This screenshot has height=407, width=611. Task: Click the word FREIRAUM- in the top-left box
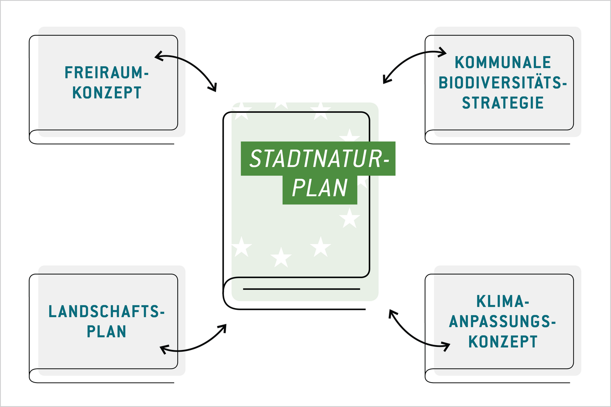106,72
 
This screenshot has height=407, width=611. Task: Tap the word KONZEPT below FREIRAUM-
106,93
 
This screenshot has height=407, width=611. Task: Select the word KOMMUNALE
503,62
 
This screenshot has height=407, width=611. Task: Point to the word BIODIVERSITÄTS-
503,82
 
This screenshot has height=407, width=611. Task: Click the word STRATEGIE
503,103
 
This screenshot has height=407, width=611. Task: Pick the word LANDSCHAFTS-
106,312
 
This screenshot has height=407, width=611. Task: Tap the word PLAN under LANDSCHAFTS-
106,332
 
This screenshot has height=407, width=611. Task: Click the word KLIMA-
503,301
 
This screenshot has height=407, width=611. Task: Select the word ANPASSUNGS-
503,322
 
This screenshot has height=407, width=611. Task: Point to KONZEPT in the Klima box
503,342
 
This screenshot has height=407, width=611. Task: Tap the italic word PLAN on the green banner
320,188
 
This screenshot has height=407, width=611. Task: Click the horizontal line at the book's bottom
301,289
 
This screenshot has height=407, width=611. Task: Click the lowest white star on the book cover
281,258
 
